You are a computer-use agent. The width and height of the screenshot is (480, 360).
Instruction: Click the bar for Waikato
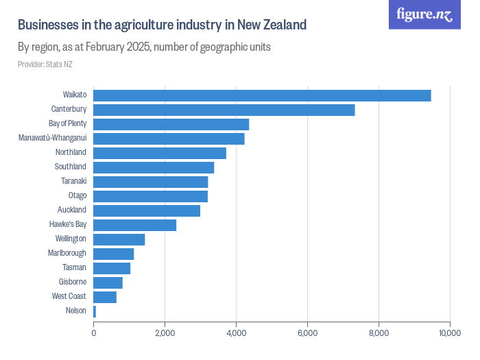coord(262,95)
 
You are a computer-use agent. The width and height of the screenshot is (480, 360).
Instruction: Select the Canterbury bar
coord(224,110)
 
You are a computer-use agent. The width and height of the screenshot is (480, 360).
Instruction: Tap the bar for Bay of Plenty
coord(171,124)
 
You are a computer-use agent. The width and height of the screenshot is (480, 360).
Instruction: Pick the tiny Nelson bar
coord(95,311)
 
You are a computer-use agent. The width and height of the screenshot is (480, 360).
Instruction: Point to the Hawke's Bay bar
coord(135,225)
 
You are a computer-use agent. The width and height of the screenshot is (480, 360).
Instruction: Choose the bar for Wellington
coord(119,239)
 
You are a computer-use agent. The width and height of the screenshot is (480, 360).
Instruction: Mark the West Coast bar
coord(105,297)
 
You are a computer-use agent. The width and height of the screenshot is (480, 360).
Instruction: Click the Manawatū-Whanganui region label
coord(53,138)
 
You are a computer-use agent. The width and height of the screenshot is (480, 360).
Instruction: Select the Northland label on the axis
coord(71,152)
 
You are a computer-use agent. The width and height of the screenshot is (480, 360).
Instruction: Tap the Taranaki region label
coord(73,181)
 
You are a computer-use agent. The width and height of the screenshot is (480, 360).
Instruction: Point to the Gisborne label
coord(73,282)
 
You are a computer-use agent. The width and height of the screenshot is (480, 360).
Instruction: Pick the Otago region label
coord(77,195)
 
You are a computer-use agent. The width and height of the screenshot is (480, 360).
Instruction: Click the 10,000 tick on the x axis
coord(450,333)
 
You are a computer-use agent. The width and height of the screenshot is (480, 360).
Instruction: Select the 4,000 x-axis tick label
coord(236,333)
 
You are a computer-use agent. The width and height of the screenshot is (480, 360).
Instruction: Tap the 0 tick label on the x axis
coord(94,333)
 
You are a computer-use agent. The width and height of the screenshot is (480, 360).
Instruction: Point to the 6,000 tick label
coord(307,333)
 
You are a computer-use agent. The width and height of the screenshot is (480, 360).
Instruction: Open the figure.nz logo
coord(424,15)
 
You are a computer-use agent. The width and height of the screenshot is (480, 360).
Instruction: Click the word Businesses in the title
coord(46,25)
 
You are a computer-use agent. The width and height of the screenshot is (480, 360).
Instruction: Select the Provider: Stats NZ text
coord(45,64)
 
